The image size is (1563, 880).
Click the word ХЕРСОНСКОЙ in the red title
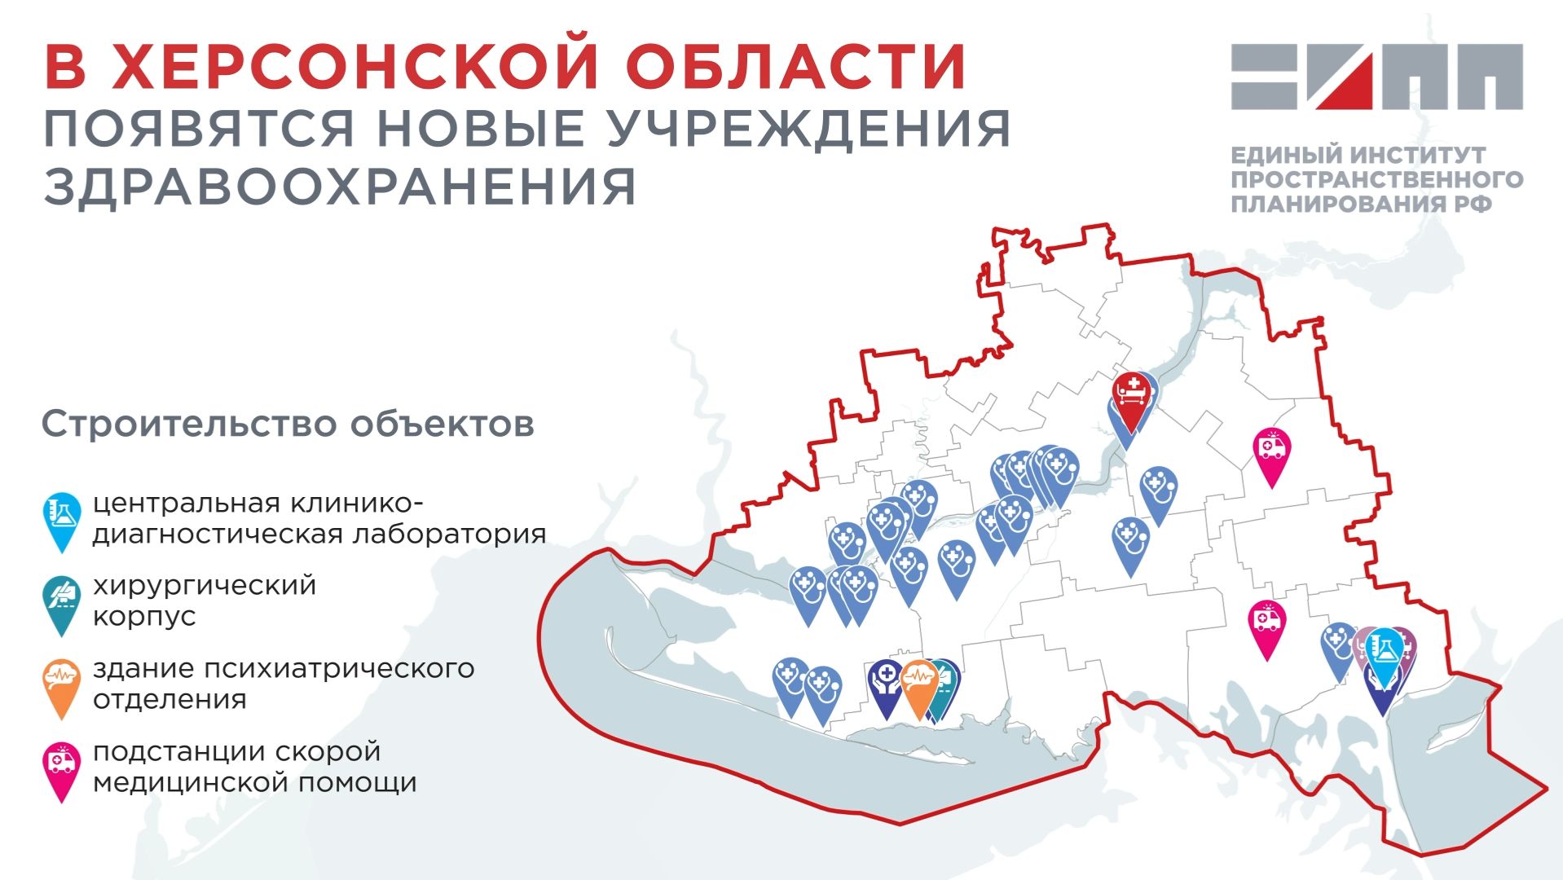pos(356,67)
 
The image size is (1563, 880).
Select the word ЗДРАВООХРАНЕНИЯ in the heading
pos(340,186)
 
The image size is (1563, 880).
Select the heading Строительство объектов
pos(288,424)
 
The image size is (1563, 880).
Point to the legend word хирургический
pos(204,585)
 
